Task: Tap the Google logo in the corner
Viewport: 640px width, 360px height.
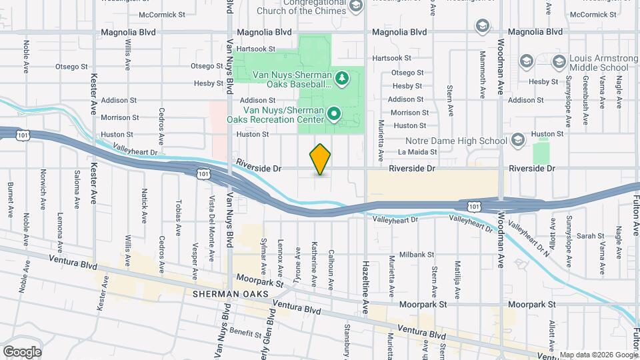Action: [21, 351]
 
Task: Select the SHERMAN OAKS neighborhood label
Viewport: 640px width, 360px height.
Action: [230, 293]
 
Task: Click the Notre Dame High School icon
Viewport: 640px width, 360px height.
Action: [518, 141]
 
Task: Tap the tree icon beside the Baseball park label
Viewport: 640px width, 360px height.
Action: [342, 79]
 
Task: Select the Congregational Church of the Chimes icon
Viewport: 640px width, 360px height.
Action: [356, 7]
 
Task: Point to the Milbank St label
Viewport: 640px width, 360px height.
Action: [417, 255]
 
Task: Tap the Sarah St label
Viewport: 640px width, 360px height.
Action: [585, 236]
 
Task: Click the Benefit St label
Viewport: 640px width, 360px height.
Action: [245, 333]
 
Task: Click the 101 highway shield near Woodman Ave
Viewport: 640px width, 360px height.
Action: [474, 207]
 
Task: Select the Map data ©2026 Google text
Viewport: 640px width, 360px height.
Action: [597, 355]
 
